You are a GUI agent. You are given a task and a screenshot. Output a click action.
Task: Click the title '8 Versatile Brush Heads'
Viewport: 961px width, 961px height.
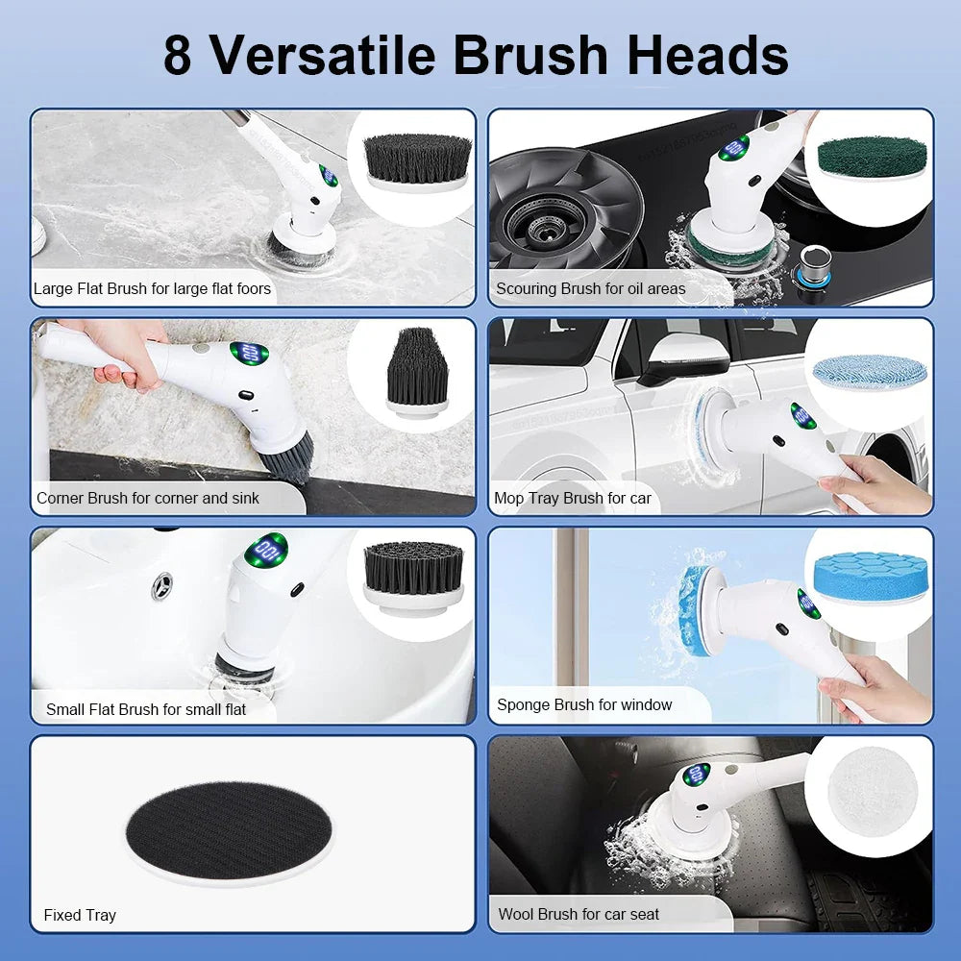476,55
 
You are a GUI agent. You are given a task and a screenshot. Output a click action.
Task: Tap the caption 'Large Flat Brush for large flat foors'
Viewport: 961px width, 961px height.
152,288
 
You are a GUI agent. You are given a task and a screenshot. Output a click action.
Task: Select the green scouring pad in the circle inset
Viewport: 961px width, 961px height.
867,157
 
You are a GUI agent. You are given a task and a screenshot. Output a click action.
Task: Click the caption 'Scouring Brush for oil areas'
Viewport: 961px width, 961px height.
590,288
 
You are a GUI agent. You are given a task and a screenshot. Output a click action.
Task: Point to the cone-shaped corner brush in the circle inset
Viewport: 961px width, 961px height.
417,370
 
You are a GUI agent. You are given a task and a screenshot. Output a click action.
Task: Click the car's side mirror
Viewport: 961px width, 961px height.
670,357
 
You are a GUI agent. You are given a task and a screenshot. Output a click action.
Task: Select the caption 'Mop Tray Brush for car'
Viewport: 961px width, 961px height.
572,498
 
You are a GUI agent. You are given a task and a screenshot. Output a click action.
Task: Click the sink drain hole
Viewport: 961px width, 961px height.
162,585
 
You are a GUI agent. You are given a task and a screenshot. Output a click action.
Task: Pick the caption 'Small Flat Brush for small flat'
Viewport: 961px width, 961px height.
145,709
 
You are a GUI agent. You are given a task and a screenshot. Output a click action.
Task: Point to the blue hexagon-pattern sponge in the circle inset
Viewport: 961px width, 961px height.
869,577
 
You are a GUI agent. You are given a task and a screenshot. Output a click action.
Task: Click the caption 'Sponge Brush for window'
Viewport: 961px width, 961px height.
583,704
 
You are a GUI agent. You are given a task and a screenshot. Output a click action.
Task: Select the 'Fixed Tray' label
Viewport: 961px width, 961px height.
80,915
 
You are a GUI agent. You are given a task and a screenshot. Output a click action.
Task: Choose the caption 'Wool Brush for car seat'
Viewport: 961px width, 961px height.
579,914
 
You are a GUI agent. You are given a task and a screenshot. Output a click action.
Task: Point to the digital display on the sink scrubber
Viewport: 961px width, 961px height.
264,552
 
